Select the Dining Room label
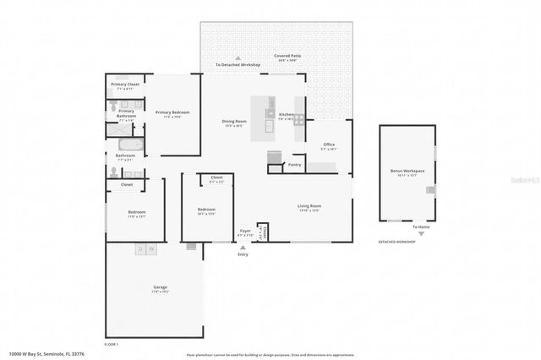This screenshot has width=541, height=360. point(233,122)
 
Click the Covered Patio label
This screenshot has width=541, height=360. point(287,56)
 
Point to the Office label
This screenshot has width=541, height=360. point(329,145)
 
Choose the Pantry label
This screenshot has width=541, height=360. point(295,165)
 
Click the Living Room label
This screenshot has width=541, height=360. point(309,205)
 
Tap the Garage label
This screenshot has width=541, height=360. point(160,287)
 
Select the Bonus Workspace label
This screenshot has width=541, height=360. point(407,171)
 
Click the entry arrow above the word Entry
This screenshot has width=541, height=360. point(243,247)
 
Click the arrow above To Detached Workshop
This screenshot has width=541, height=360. point(238,58)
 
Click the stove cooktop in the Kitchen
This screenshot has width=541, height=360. point(271,113)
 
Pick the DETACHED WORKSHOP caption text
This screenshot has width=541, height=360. point(397,243)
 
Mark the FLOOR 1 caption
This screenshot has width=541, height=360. point(112,344)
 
